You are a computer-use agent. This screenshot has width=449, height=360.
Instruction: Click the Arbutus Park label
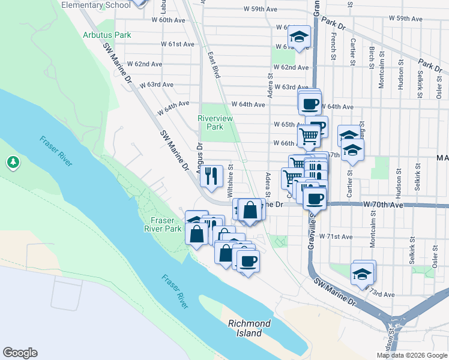coord(107,35)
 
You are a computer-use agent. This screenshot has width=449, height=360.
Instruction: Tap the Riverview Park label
coord(211,122)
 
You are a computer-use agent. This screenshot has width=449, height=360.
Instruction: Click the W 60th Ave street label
coord(168,20)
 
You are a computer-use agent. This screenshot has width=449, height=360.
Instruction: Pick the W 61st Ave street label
coord(178,44)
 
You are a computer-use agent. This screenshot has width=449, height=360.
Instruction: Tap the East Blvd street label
coord(214,65)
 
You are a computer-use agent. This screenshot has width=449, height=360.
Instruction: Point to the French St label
coord(333,45)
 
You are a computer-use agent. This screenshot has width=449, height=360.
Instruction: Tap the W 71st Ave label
coord(336,236)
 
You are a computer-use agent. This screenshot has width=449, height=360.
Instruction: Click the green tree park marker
coord(13,162)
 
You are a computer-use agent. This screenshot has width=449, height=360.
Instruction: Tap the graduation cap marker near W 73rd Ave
coord(363,274)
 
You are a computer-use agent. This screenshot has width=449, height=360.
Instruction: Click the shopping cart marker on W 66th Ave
coord(309,136)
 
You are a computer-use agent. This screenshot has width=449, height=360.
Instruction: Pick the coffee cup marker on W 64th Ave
coord(310,103)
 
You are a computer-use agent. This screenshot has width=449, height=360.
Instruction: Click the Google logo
coord(20,353)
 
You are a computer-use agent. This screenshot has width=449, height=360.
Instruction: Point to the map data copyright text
coord(412,355)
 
